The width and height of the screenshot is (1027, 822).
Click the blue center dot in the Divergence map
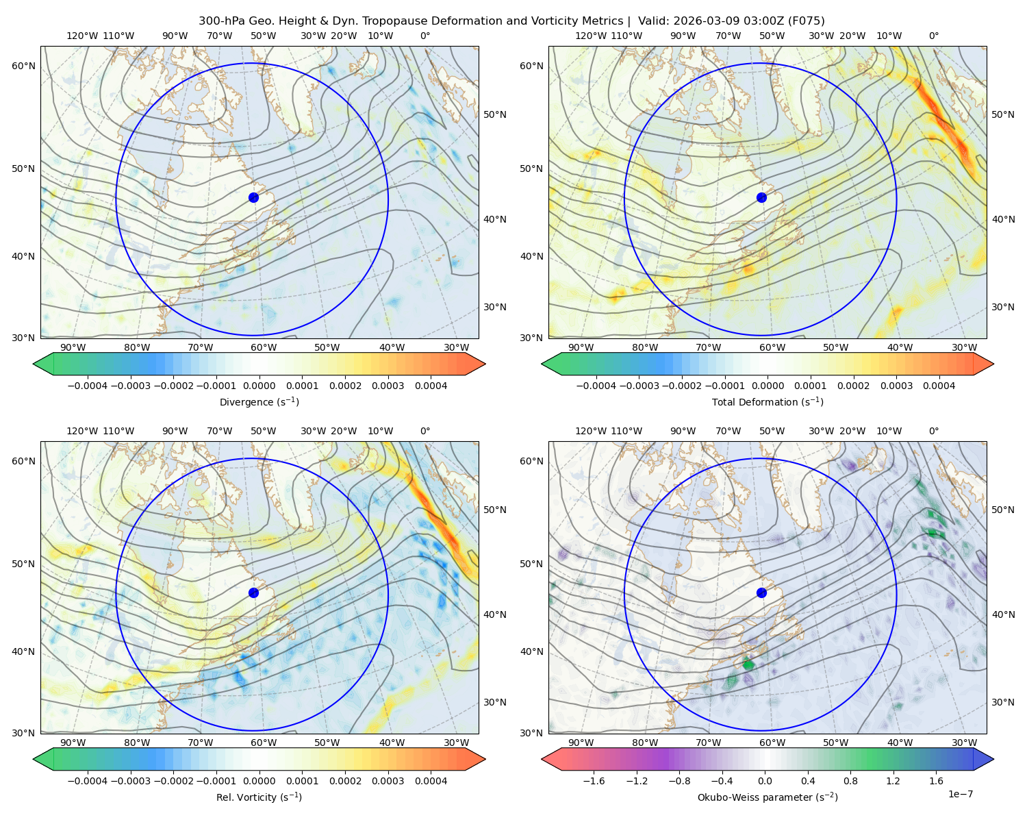coord(253,198)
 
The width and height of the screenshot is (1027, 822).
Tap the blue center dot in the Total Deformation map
coord(761,198)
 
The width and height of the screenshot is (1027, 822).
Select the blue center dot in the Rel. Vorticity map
coord(253,593)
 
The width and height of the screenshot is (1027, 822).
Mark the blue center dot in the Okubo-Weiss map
coord(761,593)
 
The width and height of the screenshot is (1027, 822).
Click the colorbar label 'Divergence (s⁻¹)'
coord(259,402)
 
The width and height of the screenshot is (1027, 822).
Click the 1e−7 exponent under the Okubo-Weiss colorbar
coord(960,794)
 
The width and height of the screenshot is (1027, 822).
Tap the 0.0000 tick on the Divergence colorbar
coord(259,386)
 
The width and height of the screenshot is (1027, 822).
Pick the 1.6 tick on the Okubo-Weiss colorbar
coord(937,781)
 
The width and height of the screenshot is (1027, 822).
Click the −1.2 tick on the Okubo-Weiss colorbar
coord(637,781)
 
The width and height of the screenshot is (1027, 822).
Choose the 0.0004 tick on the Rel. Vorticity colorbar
coord(431,781)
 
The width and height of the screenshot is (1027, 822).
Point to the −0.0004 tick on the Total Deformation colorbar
coord(596,386)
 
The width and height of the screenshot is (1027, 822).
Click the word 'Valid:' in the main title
coord(654,21)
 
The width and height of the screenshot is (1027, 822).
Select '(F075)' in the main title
coord(806,21)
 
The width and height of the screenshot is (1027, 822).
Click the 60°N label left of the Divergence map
coord(23,66)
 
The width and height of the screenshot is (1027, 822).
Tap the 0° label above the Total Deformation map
coord(933,36)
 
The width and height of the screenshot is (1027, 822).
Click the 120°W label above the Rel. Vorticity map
coord(82,431)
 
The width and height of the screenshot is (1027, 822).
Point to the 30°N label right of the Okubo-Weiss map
coord(1003,702)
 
